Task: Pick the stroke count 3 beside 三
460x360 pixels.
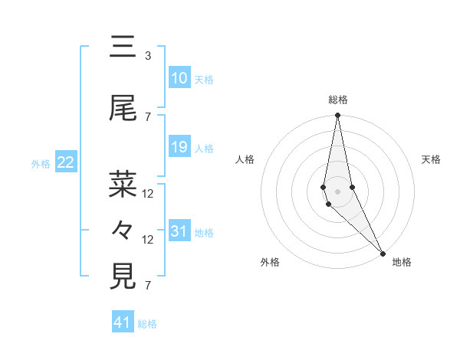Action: [148, 56]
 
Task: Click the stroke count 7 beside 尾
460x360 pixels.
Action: [148, 117]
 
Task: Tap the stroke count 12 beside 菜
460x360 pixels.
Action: [149, 193]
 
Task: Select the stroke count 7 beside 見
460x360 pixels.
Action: [148, 286]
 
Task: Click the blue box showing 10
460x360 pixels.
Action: [179, 78]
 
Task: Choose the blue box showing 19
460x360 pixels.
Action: [179, 147]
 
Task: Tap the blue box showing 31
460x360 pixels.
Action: [179, 231]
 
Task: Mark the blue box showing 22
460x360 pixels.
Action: [66, 162]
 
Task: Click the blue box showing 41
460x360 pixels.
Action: [123, 322]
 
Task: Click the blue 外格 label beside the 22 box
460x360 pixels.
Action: [41, 163]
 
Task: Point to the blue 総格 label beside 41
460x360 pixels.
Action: [147, 324]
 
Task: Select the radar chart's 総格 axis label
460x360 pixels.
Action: [338, 100]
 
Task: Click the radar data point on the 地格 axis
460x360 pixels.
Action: [383, 252]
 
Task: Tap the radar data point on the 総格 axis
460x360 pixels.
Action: [338, 116]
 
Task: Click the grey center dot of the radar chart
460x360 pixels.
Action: [338, 191]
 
